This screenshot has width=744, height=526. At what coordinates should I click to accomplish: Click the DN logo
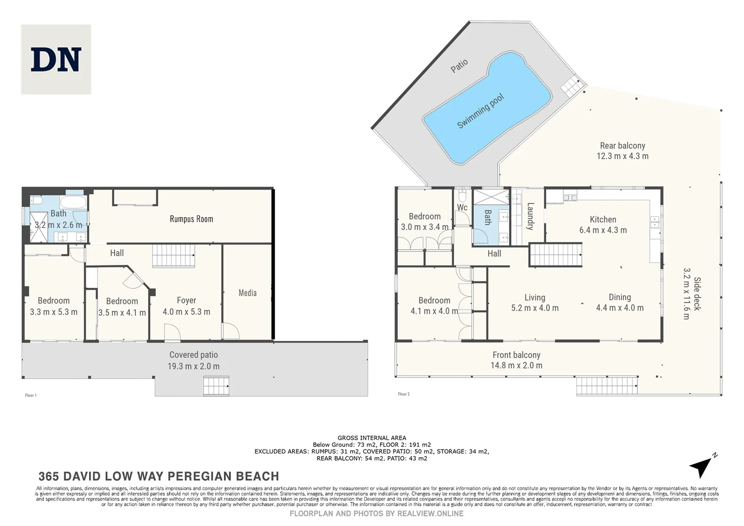56,59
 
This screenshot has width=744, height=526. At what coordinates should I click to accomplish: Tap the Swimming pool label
480,111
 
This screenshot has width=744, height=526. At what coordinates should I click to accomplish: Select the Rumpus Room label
191,219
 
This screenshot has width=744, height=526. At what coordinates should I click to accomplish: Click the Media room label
247,293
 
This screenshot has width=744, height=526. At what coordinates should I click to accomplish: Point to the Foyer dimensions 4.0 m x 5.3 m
186,312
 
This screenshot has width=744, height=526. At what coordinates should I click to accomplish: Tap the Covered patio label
193,355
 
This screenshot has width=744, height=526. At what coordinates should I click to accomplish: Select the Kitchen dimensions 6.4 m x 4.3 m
603,230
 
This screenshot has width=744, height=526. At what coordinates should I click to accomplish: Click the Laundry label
530,216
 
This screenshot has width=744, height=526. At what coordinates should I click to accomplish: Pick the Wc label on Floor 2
462,207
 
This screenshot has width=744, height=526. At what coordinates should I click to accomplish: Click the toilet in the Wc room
462,195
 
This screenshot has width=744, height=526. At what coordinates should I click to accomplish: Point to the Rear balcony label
622,146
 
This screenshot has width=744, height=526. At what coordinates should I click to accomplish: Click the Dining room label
619,297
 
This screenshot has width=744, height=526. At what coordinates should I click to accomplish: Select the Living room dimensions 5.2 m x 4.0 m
535,308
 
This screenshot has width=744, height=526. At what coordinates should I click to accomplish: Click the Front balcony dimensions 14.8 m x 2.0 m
516,365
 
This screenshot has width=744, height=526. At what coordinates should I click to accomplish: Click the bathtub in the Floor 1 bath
73,202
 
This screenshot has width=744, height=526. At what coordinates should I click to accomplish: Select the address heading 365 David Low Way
159,476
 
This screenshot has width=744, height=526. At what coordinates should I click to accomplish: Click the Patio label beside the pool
459,66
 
